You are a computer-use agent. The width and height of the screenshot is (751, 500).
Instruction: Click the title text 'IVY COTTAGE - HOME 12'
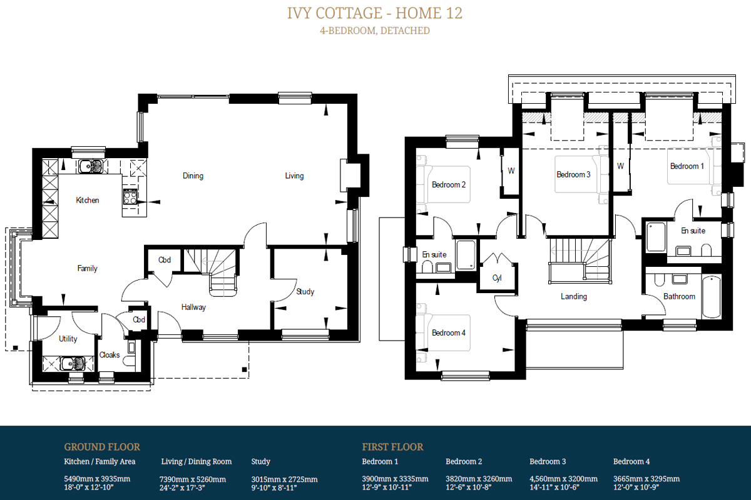374,13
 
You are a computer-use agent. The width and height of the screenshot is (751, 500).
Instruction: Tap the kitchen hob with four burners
130,197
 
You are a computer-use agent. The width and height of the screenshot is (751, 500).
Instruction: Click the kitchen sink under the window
91,166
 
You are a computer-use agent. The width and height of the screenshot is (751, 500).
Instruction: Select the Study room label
305,291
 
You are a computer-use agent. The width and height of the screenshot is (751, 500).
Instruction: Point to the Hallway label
193,307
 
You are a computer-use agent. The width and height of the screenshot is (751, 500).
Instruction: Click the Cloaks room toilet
129,361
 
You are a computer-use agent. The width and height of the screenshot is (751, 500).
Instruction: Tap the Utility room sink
73,363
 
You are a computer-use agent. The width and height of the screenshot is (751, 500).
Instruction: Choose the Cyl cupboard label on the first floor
497,278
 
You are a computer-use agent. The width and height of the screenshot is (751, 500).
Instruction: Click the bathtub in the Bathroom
711,297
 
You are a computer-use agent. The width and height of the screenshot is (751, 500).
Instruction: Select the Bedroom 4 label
449,332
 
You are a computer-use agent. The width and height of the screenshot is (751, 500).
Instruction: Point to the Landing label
574,296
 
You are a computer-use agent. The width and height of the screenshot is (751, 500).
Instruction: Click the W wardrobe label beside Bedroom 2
511,171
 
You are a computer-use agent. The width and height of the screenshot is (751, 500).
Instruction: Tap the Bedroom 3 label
573,174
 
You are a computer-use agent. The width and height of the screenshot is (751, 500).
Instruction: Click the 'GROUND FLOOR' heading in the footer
102,447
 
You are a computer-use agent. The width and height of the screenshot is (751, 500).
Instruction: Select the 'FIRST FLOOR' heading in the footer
392,447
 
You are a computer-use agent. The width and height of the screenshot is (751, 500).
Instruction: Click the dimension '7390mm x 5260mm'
193,479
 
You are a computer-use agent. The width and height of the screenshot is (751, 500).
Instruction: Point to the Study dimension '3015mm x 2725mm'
284,479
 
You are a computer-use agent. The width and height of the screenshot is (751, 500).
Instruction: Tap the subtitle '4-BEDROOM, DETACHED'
375,31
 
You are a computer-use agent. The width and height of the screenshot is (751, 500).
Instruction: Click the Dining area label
193,176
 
